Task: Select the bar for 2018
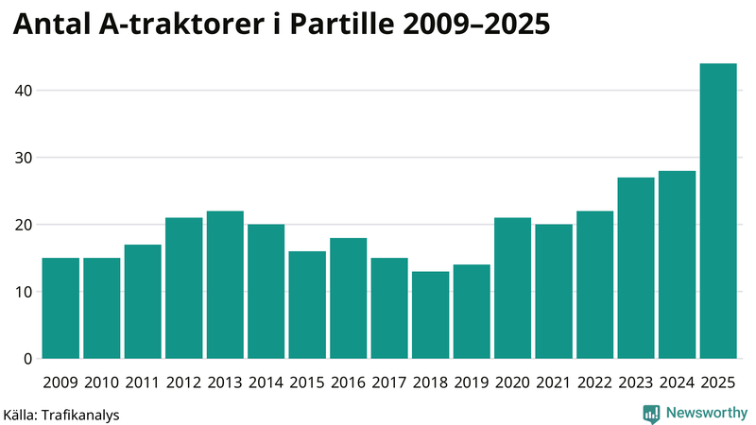(430, 315)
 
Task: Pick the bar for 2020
(512, 288)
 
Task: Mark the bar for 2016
(348, 298)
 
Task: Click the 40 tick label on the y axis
(22, 91)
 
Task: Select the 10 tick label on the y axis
(22, 292)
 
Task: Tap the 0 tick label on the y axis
(26, 359)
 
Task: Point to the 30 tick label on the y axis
(22, 158)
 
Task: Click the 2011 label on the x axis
(143, 382)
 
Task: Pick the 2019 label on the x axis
(472, 382)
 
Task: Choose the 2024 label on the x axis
(677, 382)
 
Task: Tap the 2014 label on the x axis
(266, 382)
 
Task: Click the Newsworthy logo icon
(651, 413)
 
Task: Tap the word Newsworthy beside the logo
(707, 413)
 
